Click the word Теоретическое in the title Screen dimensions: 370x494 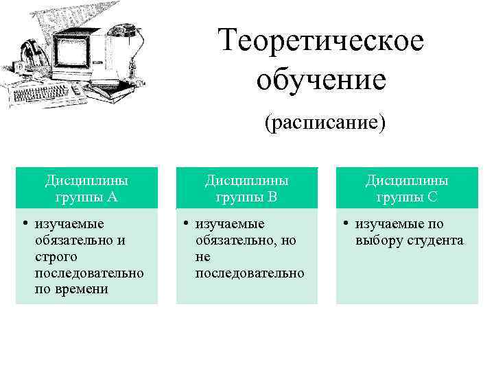tap(322, 40)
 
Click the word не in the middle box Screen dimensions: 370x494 tap(202, 257)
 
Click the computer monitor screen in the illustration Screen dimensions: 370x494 tap(71, 51)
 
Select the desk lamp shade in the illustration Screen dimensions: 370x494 tap(124, 30)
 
